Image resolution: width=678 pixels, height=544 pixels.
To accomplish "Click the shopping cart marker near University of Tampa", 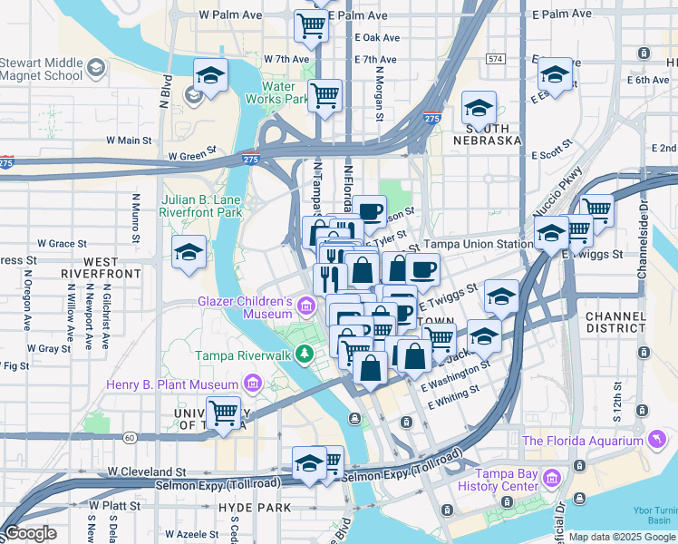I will point(223,413).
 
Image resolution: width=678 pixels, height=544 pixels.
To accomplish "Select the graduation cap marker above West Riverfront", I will point(188,252).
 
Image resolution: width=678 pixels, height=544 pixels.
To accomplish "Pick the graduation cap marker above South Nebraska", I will point(479,109).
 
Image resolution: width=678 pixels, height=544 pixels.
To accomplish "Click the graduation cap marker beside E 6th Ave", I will point(555,74).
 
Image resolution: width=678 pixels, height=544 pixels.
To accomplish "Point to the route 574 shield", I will point(494,58).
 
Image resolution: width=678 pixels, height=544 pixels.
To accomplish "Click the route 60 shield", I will point(131,437).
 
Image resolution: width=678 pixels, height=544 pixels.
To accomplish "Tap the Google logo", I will point(30,533).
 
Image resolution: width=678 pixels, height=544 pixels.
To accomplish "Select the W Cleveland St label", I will point(146,472).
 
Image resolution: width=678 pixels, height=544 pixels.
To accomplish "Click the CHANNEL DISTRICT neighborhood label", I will point(615,322).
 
